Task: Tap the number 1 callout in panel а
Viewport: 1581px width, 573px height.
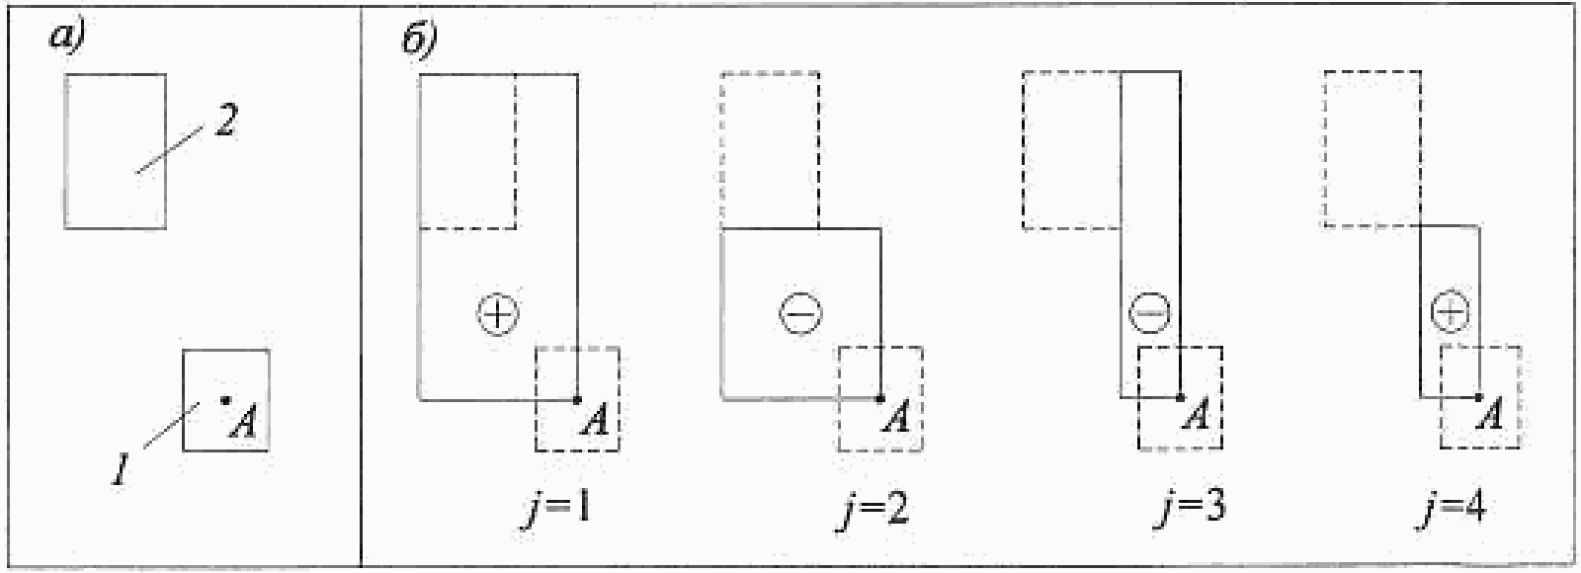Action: [x=121, y=467]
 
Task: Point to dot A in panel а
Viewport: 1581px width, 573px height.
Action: [x=225, y=400]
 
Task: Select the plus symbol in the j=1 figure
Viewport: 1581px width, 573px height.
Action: [x=498, y=313]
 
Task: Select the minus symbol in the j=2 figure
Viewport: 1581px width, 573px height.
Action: [x=799, y=313]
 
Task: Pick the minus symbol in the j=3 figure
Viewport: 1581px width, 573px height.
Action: [x=1149, y=313]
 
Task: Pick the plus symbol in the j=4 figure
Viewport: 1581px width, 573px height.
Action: [x=1450, y=313]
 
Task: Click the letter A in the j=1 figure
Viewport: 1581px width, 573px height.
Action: [x=595, y=419]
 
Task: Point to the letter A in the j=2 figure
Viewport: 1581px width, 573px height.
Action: [x=897, y=419]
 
